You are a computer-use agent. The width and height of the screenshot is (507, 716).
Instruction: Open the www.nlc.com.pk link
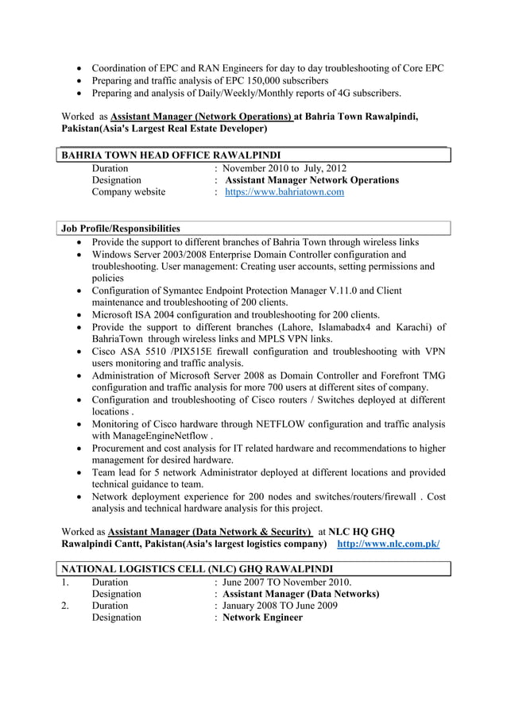click(389, 544)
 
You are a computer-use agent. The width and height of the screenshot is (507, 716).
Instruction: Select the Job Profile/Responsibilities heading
click(121, 229)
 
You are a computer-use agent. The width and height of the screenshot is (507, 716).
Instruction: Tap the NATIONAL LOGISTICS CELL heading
click(196, 568)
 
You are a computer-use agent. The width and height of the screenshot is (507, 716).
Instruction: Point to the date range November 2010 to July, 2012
click(284, 168)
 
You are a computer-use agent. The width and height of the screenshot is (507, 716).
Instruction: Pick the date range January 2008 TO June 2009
click(281, 605)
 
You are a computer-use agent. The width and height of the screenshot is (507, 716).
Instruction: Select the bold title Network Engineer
click(262, 617)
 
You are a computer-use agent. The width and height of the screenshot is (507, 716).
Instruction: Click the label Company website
click(129, 192)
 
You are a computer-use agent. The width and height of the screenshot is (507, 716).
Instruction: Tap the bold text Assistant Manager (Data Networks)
click(300, 594)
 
